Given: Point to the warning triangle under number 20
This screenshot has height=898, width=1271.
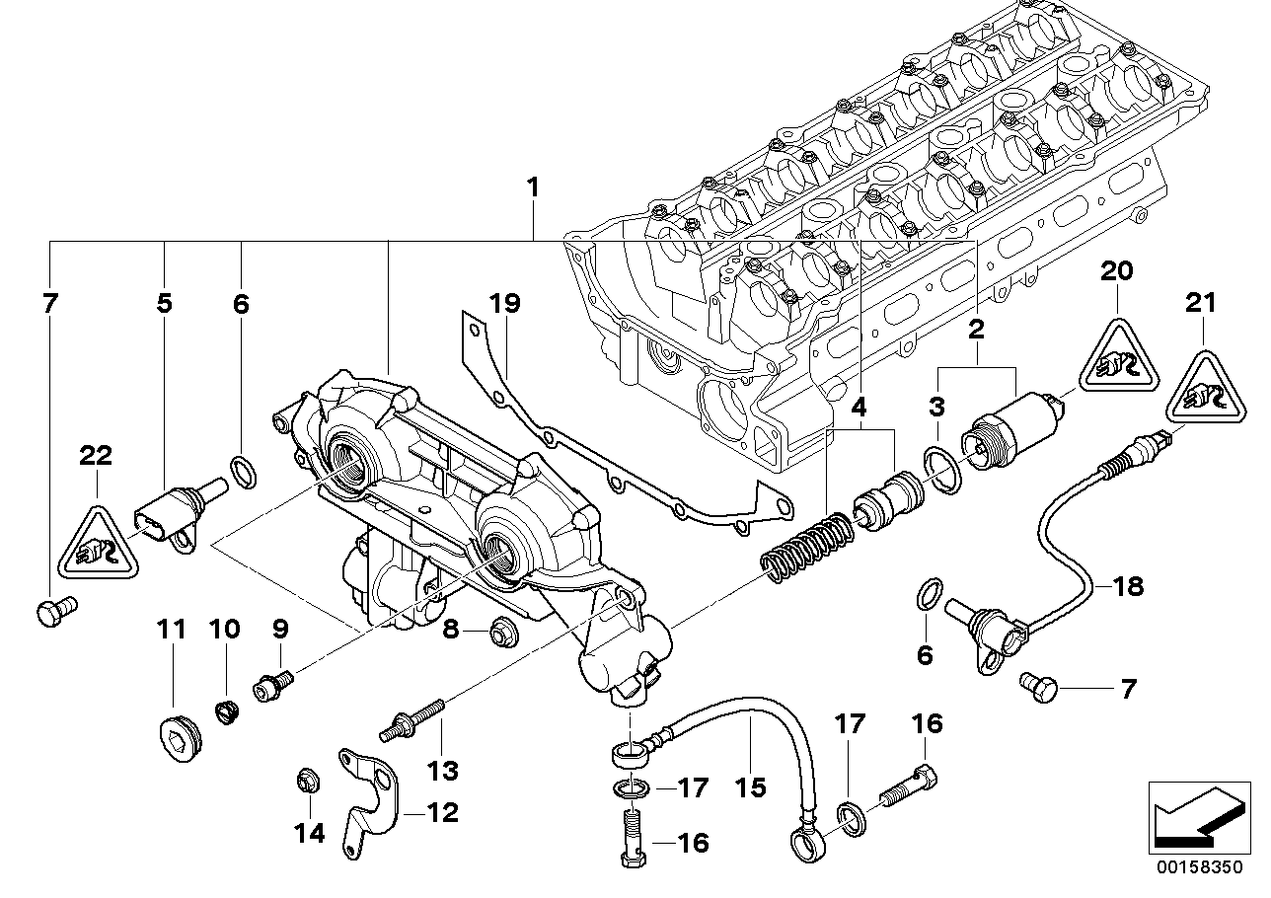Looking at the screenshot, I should click(1117, 356).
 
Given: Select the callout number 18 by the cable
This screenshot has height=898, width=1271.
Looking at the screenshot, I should click(1128, 586).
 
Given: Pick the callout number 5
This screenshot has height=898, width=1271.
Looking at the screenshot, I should click(164, 303).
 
